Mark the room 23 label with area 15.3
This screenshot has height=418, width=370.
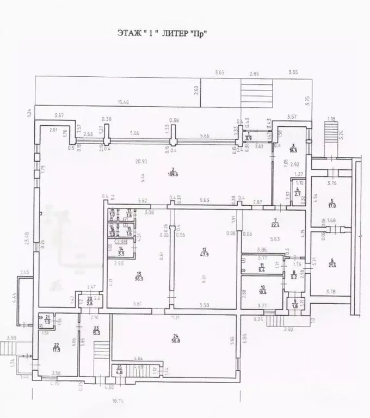(97, 329)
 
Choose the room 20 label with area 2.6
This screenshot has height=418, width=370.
(89, 303)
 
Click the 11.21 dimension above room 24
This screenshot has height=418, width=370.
(175, 317)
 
